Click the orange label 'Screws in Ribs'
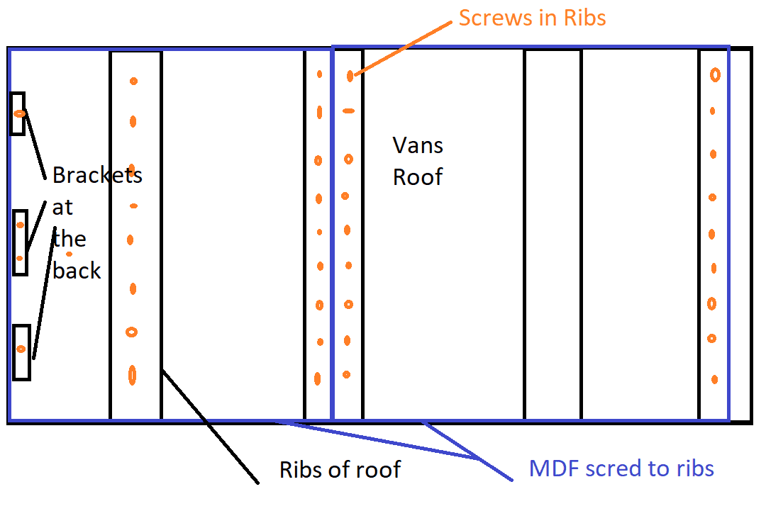pos(532,18)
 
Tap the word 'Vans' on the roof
pos(418,145)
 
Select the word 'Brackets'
pos(97,175)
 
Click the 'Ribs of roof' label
pos(340,469)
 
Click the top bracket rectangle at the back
pos(18,113)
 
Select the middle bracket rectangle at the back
pos(20,242)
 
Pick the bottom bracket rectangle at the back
pos(21,352)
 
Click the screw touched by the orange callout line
pos(350,76)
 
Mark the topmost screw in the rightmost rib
pos(715,74)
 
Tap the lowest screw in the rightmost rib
pos(715,379)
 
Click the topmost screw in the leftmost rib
pos(133,82)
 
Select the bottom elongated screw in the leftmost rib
pos(132,375)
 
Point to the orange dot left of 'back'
pos(70,254)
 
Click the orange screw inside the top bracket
pos(20,113)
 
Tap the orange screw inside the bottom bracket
pos(21,349)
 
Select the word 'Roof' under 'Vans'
pos(418,176)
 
